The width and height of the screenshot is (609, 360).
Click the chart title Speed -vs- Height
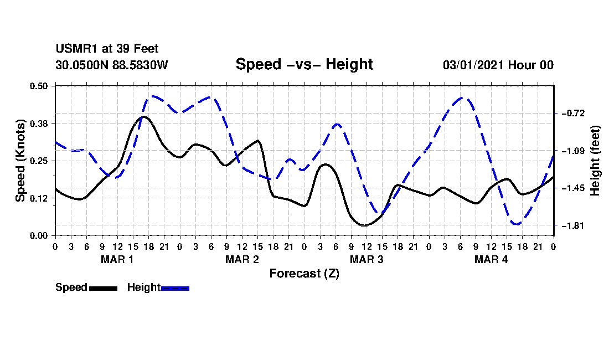point(304,64)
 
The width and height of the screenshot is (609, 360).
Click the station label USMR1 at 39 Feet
point(107,49)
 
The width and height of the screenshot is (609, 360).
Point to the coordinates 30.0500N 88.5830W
point(111,65)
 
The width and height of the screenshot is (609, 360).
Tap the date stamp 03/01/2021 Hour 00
point(498,65)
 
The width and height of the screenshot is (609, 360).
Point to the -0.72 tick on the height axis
point(573,114)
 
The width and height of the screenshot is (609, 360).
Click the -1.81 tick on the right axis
point(573,225)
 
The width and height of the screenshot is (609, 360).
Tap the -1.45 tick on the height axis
point(573,188)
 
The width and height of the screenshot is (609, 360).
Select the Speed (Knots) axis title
point(20,161)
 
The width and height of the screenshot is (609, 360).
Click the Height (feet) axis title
point(595,161)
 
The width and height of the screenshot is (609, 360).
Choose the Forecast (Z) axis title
point(304,274)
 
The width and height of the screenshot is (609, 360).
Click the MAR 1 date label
point(117,259)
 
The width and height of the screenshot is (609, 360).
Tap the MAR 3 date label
point(367,259)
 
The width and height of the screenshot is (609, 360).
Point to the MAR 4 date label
point(491,259)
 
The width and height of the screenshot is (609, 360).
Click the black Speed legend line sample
point(104,288)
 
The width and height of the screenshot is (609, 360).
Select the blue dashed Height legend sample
point(175,288)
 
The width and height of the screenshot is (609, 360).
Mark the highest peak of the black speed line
point(144,116)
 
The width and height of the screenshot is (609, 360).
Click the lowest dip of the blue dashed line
point(517,224)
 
